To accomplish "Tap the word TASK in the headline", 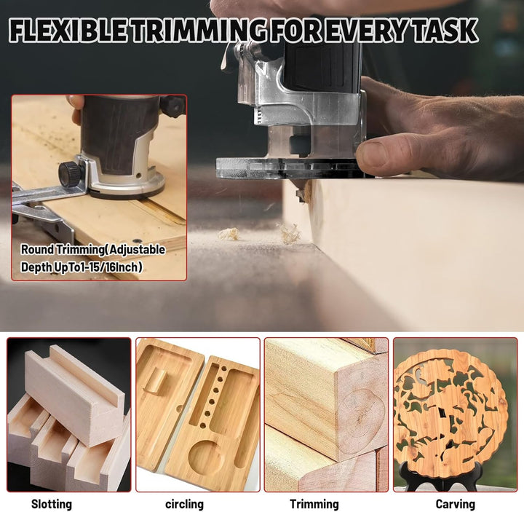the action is [x=445, y=31].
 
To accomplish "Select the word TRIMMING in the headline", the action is [x=199, y=31].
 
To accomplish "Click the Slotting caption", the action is [x=52, y=504].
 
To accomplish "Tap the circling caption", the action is [x=184, y=504].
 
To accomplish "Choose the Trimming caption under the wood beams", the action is [x=314, y=504].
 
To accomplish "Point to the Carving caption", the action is [x=455, y=504].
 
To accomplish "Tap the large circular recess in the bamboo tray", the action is [x=205, y=457].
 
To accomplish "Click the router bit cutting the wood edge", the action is [x=303, y=192].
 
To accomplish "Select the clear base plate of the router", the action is [x=290, y=168].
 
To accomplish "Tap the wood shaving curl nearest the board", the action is [x=290, y=232].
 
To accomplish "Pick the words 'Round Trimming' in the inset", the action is [x=60, y=250].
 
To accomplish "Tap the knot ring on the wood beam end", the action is [x=360, y=419].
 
